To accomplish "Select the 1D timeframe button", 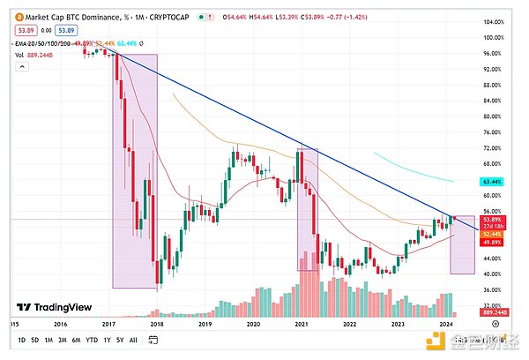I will tap(9, 340).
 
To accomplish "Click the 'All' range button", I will tap(132, 340).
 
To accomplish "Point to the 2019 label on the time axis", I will tap(205, 325).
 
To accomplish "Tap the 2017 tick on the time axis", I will tap(110, 325).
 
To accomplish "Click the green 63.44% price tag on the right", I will tap(492, 181).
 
